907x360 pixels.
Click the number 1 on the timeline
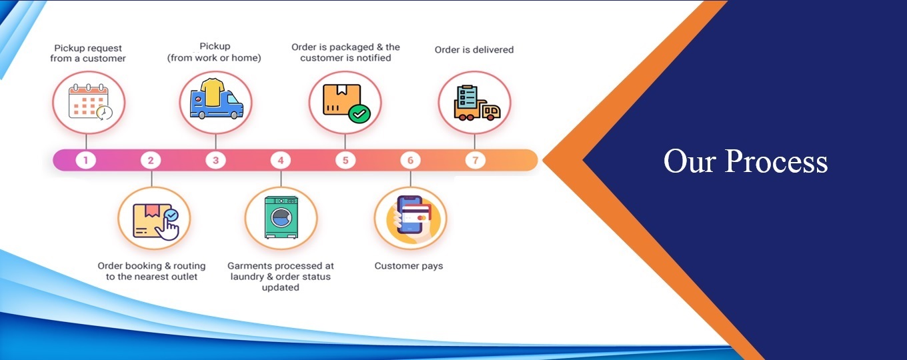86,160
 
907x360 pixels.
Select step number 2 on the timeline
151,160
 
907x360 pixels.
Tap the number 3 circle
215,160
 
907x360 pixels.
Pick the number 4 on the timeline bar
281,160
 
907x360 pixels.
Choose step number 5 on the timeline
345,160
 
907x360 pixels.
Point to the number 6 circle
410,160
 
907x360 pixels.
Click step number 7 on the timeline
475,160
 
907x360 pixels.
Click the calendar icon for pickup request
89,103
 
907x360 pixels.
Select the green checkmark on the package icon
359,114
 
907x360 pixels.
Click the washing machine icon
281,217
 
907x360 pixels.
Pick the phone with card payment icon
410,215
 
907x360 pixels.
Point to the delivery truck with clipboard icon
475,103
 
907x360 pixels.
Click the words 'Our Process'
745,161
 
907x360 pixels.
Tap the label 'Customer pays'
409,266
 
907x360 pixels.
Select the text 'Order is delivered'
474,49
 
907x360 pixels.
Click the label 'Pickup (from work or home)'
214,52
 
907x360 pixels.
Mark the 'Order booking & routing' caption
151,271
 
